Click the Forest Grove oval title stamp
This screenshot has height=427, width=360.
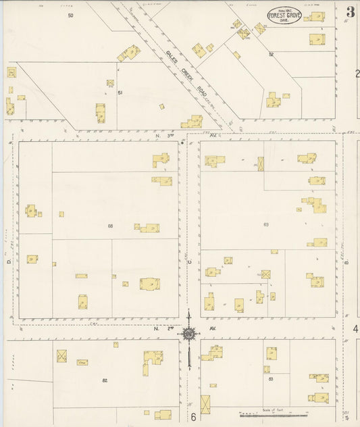point(284,15)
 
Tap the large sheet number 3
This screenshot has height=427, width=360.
point(351,12)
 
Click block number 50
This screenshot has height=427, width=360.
point(70,14)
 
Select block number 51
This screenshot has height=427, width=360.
point(120,92)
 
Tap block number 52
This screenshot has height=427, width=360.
point(271,53)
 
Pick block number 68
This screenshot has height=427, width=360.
point(110,225)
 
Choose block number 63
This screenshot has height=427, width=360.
point(265,224)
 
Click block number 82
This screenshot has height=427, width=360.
point(105,381)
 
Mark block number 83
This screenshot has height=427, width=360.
point(270,380)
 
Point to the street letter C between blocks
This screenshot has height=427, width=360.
point(190,262)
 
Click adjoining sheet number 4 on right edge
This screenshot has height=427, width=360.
point(355,329)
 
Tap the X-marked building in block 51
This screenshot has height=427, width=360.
point(110,83)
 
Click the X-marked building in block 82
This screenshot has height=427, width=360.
point(61,356)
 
